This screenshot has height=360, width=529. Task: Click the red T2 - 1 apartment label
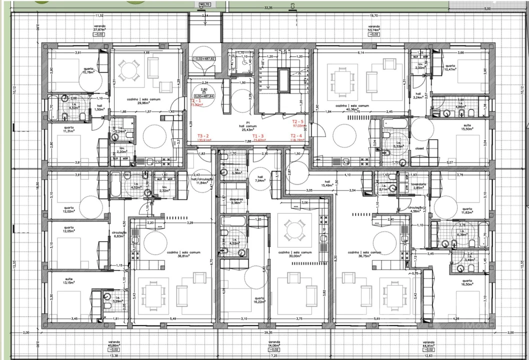(196, 103)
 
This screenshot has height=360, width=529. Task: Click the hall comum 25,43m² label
(247, 127)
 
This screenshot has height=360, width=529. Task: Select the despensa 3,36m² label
(236, 201)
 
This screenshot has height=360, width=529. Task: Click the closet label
(419, 148)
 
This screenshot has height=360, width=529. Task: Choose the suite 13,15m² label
(68, 281)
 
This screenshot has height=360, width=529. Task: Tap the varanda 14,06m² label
(273, 344)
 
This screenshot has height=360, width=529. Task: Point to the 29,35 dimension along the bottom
(268, 332)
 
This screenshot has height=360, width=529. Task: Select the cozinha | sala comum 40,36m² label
(348, 107)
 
